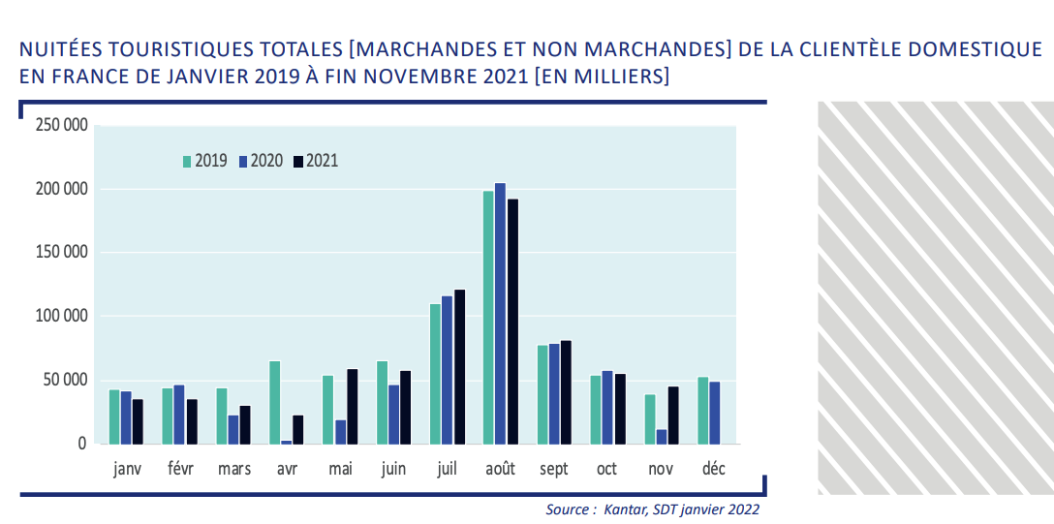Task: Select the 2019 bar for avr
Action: click(x=274, y=402)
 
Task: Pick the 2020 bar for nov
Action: click(x=661, y=437)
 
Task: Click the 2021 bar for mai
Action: click(x=353, y=406)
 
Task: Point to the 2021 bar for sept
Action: click(x=566, y=391)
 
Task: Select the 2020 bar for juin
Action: click(x=393, y=414)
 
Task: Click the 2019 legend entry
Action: click(x=204, y=161)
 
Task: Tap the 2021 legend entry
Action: click(x=316, y=161)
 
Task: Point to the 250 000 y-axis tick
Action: click(x=61, y=125)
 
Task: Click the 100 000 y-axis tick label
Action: click(x=61, y=316)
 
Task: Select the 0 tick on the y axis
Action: click(x=81, y=444)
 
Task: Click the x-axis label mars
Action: click(x=234, y=469)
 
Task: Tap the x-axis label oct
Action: click(x=606, y=469)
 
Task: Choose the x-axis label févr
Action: click(x=180, y=469)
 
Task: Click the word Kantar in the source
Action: click(x=624, y=509)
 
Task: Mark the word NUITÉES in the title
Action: click(x=61, y=49)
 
